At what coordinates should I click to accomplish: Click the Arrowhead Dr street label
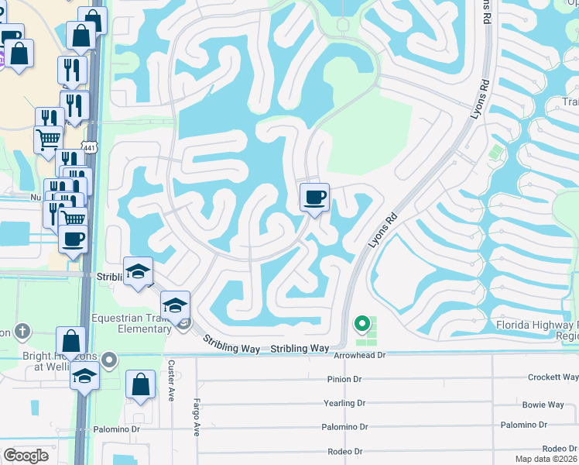tap(359, 355)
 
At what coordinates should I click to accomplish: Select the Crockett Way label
tap(553, 377)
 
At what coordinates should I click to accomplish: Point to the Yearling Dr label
tap(344, 403)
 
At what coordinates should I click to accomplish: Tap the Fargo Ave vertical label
tap(197, 418)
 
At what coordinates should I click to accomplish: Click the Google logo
tap(26, 455)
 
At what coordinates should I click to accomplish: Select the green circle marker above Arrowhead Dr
tap(361, 323)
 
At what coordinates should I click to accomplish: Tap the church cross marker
tap(22, 331)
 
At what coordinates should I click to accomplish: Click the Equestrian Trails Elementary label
tap(132, 322)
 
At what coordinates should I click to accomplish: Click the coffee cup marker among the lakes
tap(314, 198)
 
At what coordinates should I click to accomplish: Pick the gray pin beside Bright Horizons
tap(110, 359)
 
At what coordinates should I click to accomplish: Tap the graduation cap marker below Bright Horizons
tap(84, 377)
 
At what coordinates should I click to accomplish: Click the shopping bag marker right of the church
tap(70, 341)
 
